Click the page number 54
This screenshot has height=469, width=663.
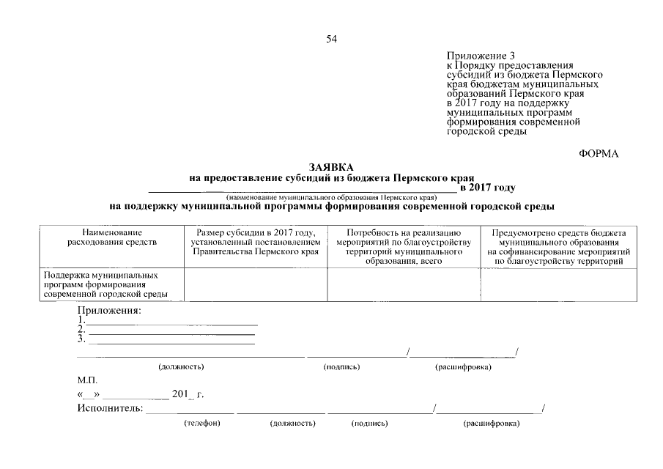click(x=331, y=39)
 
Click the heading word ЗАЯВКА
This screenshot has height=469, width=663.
click(x=331, y=168)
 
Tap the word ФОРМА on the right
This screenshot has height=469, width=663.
click(x=599, y=153)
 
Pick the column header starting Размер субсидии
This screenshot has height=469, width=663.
click(x=255, y=242)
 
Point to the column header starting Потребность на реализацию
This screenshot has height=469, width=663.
click(x=404, y=246)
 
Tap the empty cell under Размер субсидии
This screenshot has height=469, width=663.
click(x=255, y=285)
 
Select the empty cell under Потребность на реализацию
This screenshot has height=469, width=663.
click(x=404, y=285)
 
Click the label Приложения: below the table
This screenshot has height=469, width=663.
click(x=109, y=311)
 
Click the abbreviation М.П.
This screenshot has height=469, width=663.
click(x=86, y=381)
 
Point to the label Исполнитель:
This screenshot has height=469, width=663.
click(x=110, y=408)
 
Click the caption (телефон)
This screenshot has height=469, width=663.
click(x=202, y=424)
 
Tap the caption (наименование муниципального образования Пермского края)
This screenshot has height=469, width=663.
click(x=331, y=197)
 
